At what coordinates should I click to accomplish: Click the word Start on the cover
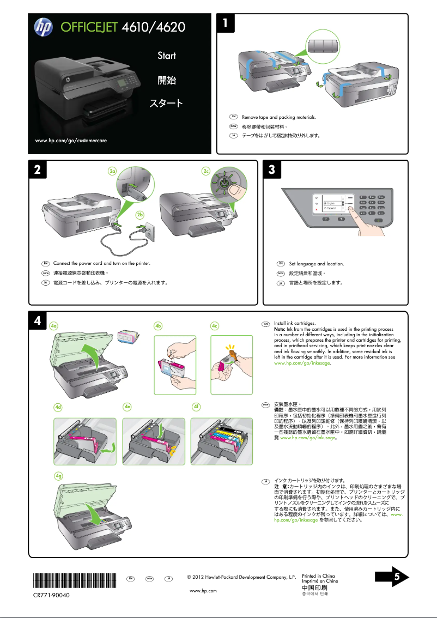[167, 56]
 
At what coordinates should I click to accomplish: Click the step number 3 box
[272, 169]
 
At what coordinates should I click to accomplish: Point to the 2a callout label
[113, 171]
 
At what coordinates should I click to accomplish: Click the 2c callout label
[207, 171]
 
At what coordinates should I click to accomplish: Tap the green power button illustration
[223, 184]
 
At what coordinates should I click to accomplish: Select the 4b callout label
[159, 326]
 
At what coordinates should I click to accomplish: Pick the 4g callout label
[58, 476]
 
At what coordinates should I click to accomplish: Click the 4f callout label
[197, 407]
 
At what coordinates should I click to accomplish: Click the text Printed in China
[318, 576]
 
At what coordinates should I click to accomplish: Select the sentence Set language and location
[316, 264]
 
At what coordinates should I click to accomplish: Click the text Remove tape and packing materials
[278, 117]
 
